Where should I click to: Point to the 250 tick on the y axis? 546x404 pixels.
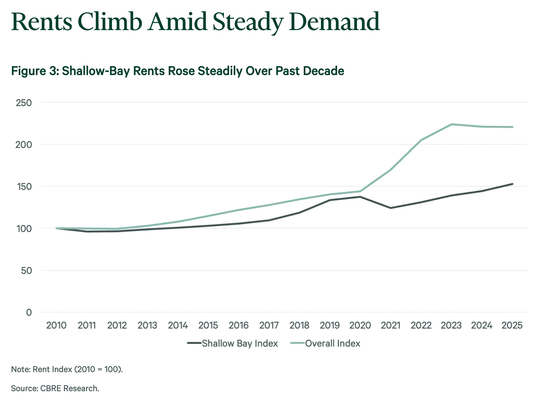coord(24,103)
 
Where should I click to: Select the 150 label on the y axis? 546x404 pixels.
coord(24,187)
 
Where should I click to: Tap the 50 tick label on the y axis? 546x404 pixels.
coord(26,271)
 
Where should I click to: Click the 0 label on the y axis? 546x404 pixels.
coord(29,313)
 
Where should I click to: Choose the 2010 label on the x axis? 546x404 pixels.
coord(56,325)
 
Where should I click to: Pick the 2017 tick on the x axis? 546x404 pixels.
coord(269,325)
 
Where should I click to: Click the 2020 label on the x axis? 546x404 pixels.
coord(360,325)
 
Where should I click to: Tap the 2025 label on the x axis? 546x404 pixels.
coord(512,325)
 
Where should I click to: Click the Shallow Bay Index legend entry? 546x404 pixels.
coord(233,343)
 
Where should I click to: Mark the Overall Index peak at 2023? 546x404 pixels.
coord(452,124)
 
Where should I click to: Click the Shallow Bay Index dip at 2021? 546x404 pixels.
coord(391,208)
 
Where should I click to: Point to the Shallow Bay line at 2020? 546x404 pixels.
coord(360,197)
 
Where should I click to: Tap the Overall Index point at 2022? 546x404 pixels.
coord(421,140)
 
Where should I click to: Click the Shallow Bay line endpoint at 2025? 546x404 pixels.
coord(512,184)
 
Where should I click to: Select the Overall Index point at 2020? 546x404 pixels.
coord(360,191)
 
